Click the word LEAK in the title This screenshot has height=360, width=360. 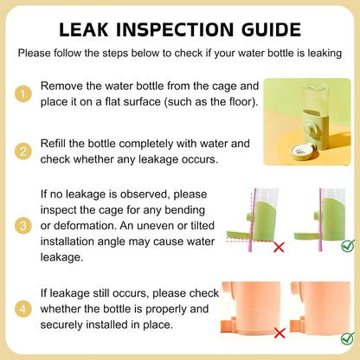pos(84,29)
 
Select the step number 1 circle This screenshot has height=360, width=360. pos(23,93)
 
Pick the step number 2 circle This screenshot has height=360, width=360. pos(23,151)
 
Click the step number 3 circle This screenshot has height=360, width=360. pos(23,226)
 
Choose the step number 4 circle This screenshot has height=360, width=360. pos(23,309)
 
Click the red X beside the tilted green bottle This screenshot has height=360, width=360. pos(279,247)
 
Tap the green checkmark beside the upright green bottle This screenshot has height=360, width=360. pos(348,246)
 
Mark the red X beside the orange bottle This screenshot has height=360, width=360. pos(280,333)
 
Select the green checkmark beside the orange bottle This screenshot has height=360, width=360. pos(348,338)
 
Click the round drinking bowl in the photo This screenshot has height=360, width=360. pos(302,152)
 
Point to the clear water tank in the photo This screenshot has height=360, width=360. pos(315,98)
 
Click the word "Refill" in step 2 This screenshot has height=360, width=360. pos(53,144)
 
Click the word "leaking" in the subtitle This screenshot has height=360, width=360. pos(325,54)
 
